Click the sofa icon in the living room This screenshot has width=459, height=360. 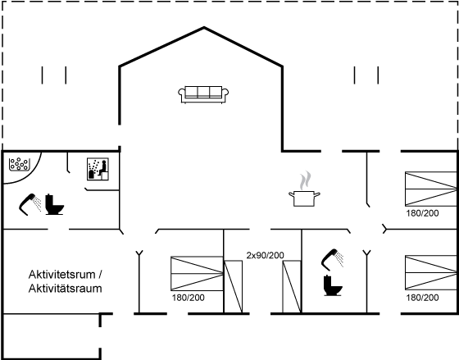coord(203,94)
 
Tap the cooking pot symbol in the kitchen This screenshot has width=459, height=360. coord(304,198)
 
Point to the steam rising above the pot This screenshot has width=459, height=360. coord(305,180)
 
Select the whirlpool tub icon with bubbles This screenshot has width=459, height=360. coord(20,164)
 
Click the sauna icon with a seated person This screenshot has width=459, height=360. coord(98,169)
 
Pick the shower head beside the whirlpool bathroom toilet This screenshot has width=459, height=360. coord(30,204)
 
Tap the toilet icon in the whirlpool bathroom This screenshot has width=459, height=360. coord(54,204)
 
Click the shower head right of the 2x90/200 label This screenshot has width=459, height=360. coord(332,259)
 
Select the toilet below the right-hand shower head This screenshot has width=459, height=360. coord(333,285)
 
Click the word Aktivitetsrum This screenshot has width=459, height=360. coord(62,275)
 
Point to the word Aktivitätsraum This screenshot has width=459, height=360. coord(65,289)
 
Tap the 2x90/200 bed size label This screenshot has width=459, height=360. coord(266,255)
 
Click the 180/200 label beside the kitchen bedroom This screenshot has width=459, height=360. coord(422,213)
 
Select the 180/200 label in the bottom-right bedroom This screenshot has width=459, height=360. coord(422,298)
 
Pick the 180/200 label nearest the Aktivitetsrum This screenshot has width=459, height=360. coord(189,298)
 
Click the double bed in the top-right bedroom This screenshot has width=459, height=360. coord(431,189)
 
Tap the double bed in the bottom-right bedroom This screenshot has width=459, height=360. coord(431,273)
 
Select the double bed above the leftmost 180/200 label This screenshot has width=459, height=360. coord(197,274)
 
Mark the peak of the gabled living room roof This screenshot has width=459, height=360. coord(204,28)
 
